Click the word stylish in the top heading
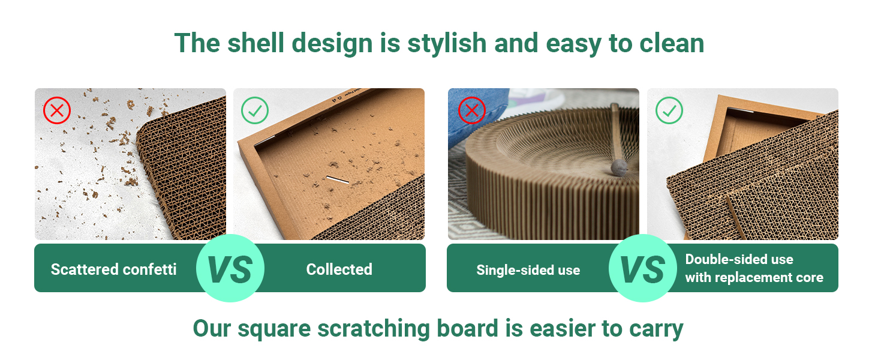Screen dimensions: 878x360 [x=447, y=44]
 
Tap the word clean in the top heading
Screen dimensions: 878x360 [x=672, y=43]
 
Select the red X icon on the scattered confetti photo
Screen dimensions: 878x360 [x=57, y=110]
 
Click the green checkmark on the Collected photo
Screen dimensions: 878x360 [x=255, y=110]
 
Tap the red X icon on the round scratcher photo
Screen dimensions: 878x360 [x=472, y=110]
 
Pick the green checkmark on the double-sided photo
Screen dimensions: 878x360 [x=669, y=110]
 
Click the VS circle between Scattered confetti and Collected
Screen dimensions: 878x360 [x=230, y=268]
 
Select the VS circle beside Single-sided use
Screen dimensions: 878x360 [x=643, y=268]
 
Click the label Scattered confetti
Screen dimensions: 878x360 [x=114, y=269]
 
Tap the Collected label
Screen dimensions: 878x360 [x=339, y=269]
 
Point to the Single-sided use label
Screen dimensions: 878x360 [x=528, y=270]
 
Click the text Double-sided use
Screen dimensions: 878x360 [x=739, y=259]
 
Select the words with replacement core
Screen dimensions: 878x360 [x=754, y=278]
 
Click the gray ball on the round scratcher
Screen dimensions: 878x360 [x=619, y=168]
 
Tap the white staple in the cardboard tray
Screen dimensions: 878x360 [x=338, y=179]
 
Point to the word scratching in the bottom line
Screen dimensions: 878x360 [x=374, y=329]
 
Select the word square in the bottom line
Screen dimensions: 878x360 [x=274, y=329]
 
